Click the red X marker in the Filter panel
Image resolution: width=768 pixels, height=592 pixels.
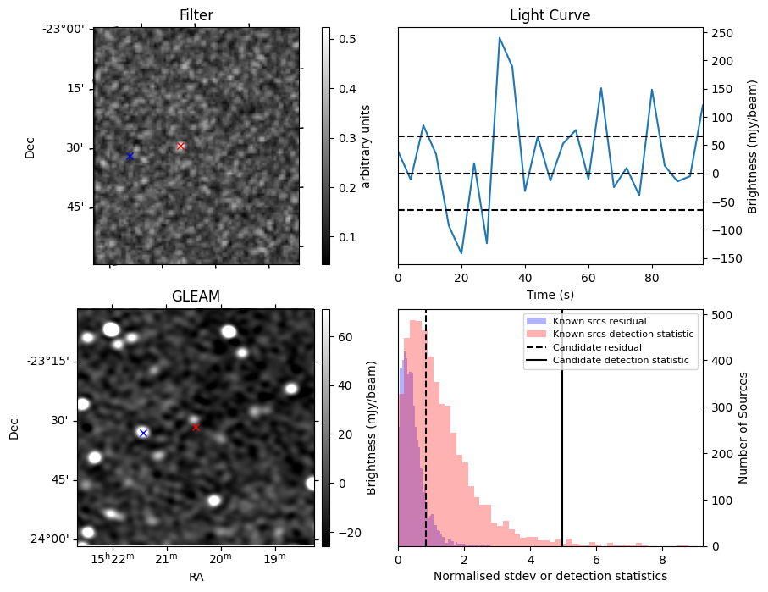click(180, 147)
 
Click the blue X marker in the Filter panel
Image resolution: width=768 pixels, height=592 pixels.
click(130, 157)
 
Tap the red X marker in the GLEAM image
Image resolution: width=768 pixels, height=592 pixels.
click(196, 428)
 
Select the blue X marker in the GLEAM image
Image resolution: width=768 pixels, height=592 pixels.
click(143, 433)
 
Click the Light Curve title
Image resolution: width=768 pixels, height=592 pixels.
click(550, 15)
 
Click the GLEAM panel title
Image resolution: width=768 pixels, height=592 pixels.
click(196, 296)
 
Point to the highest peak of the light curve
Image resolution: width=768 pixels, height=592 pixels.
click(500, 38)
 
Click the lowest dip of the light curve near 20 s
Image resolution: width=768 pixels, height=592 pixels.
click(461, 253)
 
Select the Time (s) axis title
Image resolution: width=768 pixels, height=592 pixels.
click(550, 293)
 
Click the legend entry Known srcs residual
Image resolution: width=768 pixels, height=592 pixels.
click(599, 321)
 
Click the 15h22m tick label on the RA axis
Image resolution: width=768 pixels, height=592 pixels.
click(113, 559)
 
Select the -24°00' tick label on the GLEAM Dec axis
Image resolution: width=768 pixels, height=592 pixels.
click(52, 539)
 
